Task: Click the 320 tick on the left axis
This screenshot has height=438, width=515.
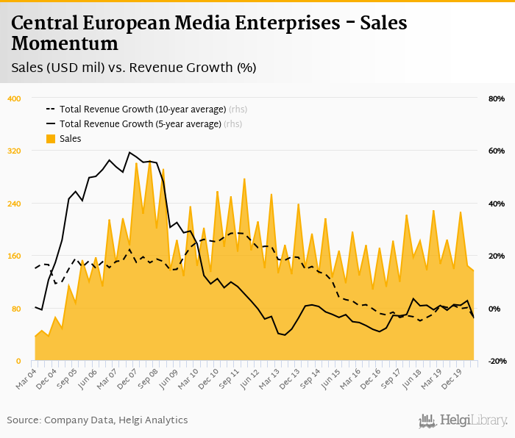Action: (14, 151)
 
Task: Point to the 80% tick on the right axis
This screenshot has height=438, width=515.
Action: (496, 98)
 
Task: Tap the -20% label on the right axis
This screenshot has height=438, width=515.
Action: (495, 361)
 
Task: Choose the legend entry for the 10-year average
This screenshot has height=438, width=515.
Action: (143, 109)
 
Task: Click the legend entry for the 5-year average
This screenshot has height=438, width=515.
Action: (140, 123)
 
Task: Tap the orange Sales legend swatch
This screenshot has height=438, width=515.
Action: (51, 138)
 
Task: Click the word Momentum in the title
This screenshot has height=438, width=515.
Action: (65, 43)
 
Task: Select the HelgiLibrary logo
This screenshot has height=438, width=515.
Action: (464, 420)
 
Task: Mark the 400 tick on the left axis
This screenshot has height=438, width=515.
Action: (14, 98)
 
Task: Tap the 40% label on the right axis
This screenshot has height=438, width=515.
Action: (496, 204)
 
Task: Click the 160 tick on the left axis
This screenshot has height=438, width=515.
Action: (14, 256)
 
